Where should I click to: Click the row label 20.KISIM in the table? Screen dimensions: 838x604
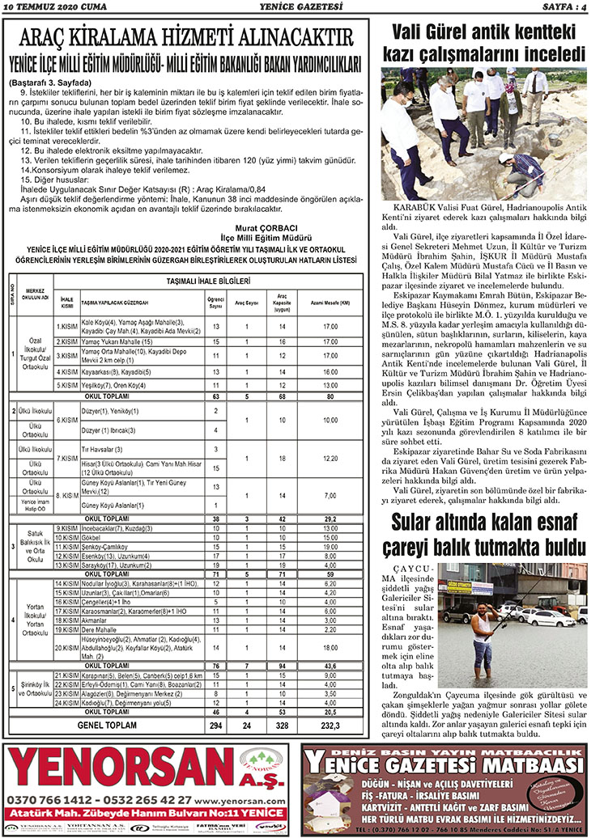pyautogui.click(x=66, y=649)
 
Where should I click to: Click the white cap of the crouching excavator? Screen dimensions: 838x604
pyautogui.click(x=507, y=157)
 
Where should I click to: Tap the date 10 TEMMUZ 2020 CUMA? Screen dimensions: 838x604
pyautogui.click(x=45, y=8)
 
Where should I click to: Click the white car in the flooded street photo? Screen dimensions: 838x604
pyautogui.click(x=551, y=619)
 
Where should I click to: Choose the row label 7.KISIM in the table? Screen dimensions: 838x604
pyautogui.click(x=66, y=458)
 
